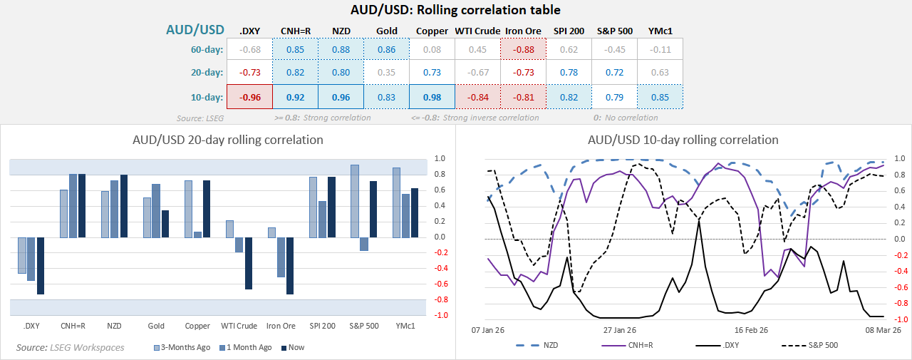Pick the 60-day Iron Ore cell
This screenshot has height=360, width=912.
pyautogui.click(x=523, y=49)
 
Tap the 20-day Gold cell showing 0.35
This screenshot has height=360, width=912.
pyautogui.click(x=386, y=73)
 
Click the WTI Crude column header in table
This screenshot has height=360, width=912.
pyautogui.click(x=477, y=31)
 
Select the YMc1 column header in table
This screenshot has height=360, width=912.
pyautogui.click(x=660, y=31)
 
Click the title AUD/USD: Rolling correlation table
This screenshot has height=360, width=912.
pyautogui.click(x=455, y=10)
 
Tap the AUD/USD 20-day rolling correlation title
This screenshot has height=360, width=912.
pyautogui.click(x=228, y=140)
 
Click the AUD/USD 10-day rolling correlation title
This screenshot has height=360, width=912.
pyautogui.click(x=683, y=140)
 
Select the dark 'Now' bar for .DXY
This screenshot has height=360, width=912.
pyautogui.click(x=41, y=265)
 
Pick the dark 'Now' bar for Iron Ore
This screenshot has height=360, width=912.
pyautogui.click(x=290, y=265)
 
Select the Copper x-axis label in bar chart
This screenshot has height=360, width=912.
pyautogui.click(x=197, y=326)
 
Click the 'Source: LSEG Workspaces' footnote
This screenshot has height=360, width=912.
pyautogui.click(x=70, y=347)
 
